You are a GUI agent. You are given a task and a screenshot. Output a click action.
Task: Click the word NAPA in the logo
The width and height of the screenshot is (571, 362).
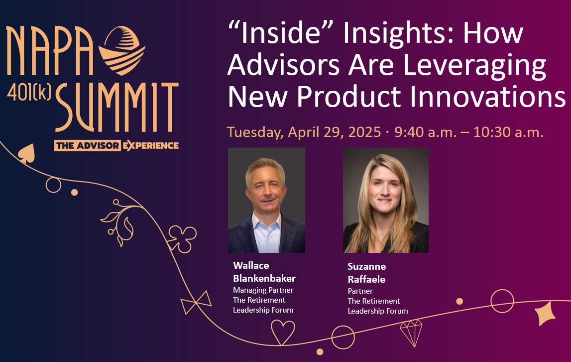coord(49,51)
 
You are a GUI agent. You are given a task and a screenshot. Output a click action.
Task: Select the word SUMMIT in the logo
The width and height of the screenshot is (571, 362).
coord(117,107)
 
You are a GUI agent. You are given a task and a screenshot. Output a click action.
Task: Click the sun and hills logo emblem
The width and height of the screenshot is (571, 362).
coord(121,50)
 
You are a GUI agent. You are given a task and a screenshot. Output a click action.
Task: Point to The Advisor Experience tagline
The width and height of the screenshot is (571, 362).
coord(116,146)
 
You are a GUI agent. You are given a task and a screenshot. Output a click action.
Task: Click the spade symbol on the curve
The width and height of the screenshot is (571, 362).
coord(26,153)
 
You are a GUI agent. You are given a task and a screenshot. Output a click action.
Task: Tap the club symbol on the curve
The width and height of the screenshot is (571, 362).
coord(182,239)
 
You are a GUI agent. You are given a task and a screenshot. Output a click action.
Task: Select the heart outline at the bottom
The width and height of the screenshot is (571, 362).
coord(283,332)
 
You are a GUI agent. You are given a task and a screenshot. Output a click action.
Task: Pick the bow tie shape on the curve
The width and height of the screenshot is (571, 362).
coord(196,303)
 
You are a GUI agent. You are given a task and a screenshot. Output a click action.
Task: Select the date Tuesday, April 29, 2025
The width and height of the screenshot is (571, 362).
coord(304,132)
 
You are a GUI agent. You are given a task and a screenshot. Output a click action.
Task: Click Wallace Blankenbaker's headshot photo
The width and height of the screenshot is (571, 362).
coord(266,200)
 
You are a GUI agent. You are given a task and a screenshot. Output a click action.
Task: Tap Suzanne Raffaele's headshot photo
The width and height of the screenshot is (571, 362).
coord(386,200)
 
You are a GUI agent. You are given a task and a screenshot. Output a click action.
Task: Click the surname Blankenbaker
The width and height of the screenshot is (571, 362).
coord(264,278)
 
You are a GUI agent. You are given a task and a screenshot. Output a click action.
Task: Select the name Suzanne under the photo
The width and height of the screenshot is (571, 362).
coord(367,266)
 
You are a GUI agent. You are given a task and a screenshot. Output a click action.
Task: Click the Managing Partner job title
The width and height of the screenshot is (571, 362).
coord(263,290)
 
